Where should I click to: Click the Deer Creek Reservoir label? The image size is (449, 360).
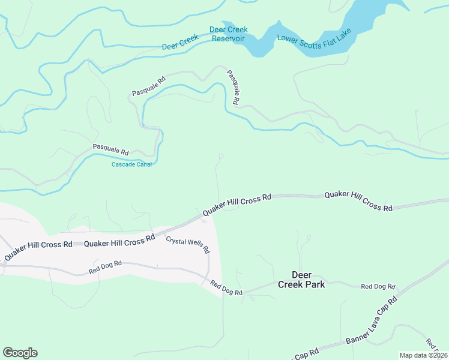[228, 34]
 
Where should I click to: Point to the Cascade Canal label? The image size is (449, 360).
[131, 164]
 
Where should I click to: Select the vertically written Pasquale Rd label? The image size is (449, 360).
[233, 88]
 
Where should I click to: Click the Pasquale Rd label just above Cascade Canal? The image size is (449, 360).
[110, 148]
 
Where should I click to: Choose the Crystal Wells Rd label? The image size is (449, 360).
[187, 244]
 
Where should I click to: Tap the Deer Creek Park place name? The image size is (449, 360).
[301, 280]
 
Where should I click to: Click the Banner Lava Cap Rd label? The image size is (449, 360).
[372, 321]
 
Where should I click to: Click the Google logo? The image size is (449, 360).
[20, 353]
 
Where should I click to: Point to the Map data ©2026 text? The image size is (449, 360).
[423, 355]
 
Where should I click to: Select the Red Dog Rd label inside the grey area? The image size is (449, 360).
[105, 267]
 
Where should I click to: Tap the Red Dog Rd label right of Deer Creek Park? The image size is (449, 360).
[378, 287]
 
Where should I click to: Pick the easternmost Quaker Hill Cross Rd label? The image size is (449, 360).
[358, 201]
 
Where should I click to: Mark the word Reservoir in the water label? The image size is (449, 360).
[228, 38]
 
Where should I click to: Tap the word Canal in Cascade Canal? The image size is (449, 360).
[143, 164]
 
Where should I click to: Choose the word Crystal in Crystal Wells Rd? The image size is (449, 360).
[177, 241]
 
